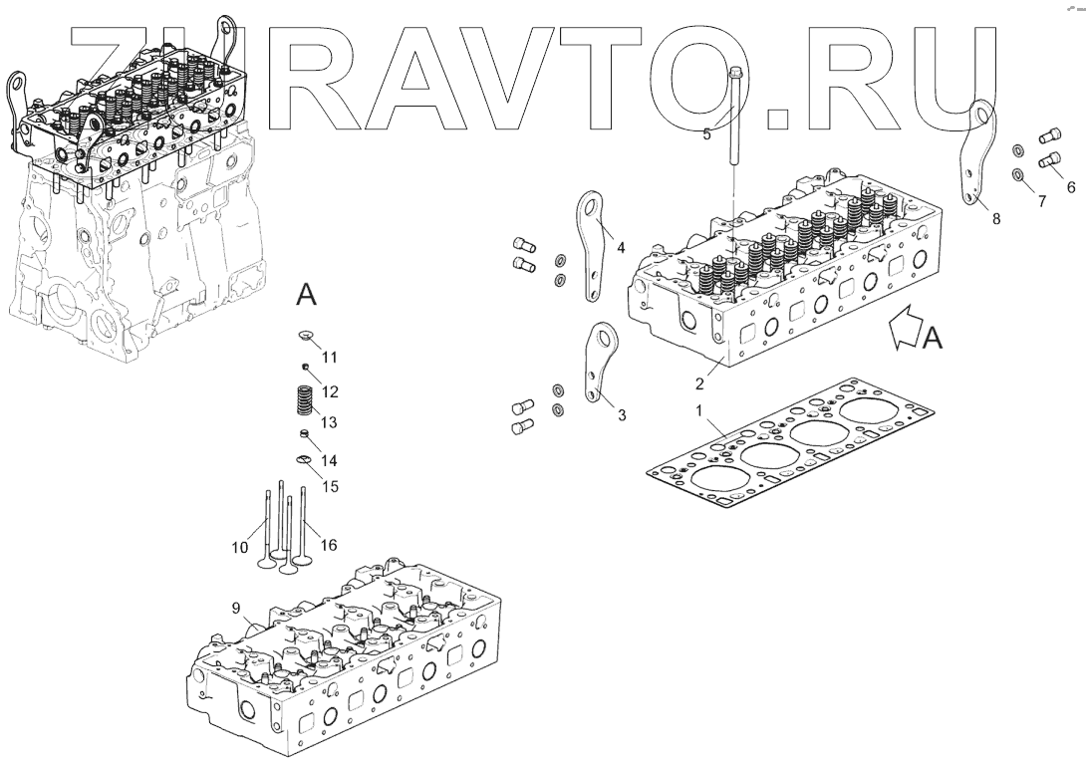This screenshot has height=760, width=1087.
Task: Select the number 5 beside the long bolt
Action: (706, 133)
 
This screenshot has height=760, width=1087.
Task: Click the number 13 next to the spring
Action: (329, 422)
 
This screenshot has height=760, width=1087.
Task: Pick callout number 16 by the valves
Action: (329, 546)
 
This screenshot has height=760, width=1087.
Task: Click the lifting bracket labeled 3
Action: (599, 364)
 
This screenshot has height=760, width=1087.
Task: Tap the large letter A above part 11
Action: (307, 295)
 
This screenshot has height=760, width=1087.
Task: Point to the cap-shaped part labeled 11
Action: (306, 336)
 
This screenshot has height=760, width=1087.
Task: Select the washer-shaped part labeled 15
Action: (305, 459)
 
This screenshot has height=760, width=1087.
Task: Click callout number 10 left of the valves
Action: (240, 546)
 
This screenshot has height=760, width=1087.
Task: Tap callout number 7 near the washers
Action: (1042, 201)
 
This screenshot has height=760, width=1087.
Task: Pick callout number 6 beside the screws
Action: (1070, 186)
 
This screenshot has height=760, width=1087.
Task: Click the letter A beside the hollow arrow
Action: (932, 339)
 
